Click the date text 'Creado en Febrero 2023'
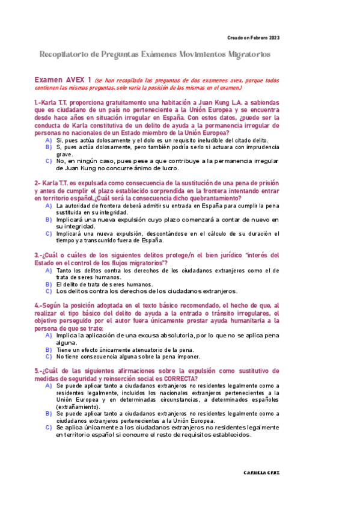tap(252, 38)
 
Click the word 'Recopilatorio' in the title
tap(67, 55)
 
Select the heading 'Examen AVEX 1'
tap(63, 79)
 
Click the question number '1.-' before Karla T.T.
tap(38, 103)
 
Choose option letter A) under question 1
tap(48, 140)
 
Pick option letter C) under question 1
tap(48, 161)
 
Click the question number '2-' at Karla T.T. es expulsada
tap(37, 183)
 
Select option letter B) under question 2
tap(48, 220)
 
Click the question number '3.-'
tap(38, 255)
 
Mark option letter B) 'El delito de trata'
tap(48, 284)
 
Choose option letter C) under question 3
tap(48, 291)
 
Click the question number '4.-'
tap(38, 306)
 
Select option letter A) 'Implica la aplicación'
tap(48, 334)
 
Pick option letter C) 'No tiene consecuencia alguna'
tap(48, 356)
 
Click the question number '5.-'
tap(38, 370)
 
